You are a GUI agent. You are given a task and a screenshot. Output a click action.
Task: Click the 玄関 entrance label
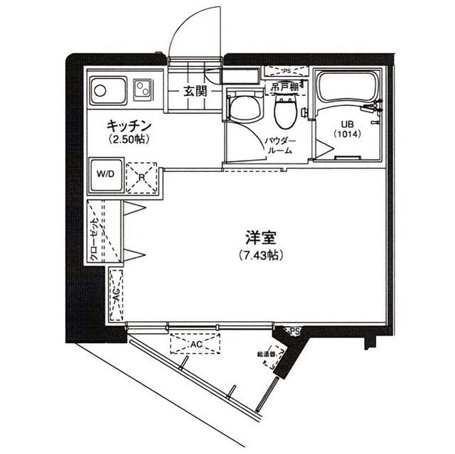click(194, 90)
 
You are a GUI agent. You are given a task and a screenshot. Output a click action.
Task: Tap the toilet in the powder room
click(285, 109)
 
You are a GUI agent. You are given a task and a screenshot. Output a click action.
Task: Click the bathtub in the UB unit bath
click(348, 88)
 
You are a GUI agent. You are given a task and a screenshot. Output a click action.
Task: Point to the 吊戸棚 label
click(283, 87)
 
